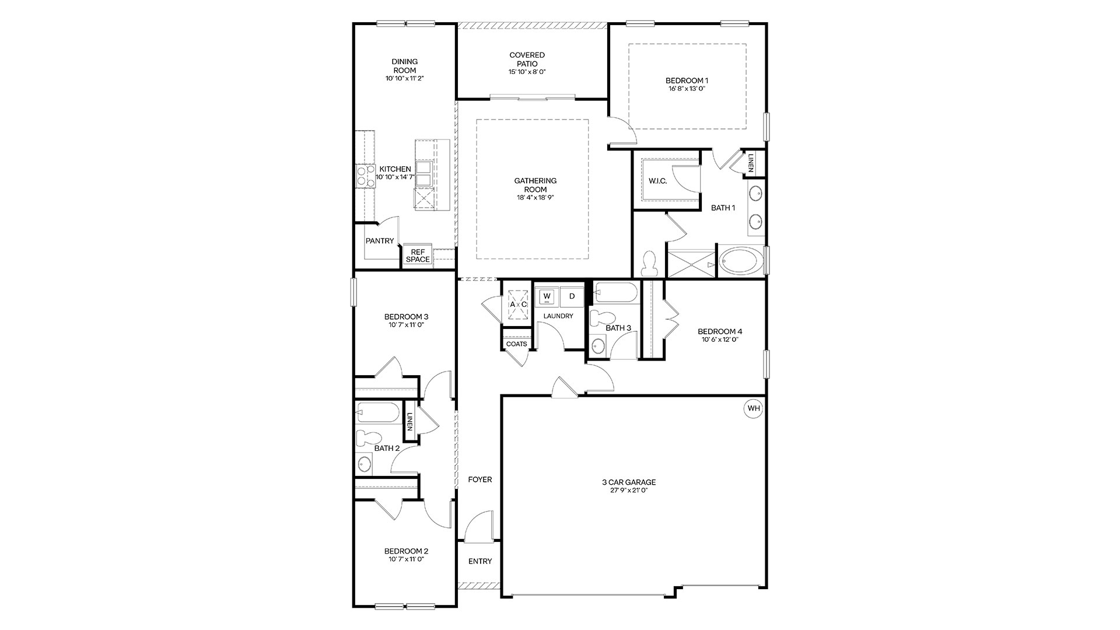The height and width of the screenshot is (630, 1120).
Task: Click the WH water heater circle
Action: [x=754, y=408]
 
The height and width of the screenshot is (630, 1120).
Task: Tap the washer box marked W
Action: [x=547, y=296]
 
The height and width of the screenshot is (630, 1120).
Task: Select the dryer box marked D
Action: [x=572, y=296]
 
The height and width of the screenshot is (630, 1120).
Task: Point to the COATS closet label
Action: [x=516, y=344]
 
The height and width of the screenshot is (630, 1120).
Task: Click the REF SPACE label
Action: [x=418, y=256]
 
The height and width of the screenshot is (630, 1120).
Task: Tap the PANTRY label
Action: [x=380, y=241]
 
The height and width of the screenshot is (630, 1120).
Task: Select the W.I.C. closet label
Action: [x=657, y=181]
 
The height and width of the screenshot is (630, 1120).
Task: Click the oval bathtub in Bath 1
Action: [x=739, y=262]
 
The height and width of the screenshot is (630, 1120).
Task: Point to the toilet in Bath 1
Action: [x=649, y=264]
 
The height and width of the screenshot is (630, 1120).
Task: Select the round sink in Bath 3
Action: [x=598, y=346]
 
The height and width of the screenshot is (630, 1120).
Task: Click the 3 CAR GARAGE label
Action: [x=629, y=482]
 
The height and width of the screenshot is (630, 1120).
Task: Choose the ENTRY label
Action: [x=480, y=561]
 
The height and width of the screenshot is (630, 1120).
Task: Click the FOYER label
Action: [x=480, y=480]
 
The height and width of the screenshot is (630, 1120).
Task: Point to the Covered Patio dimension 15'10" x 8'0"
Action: [x=527, y=72]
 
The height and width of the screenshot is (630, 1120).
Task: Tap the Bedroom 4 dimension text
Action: [x=720, y=339]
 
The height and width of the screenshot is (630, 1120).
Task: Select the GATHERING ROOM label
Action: [x=535, y=185]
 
